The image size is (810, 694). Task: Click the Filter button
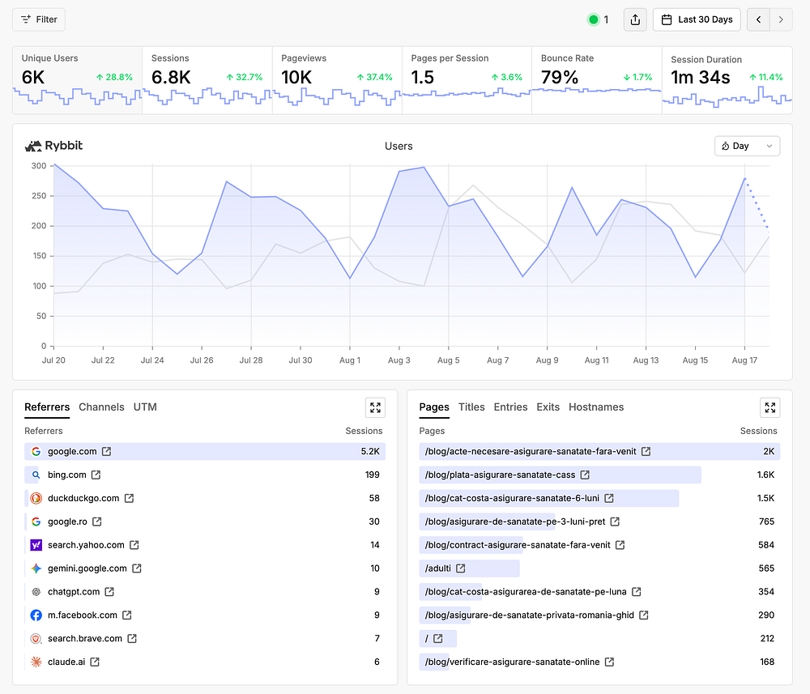39,19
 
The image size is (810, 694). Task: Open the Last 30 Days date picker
697,19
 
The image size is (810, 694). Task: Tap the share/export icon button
635,19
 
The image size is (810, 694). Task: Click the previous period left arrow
758,19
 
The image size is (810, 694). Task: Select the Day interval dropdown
747,146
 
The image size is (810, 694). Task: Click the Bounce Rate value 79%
560,78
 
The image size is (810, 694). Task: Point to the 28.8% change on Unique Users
114,77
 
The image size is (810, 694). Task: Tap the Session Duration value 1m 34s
700,78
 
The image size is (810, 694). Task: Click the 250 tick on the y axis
39,196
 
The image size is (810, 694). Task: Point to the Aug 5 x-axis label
449,360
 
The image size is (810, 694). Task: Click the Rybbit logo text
63,146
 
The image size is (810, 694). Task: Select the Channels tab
101,407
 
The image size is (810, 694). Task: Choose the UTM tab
145,407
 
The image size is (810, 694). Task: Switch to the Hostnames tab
596,407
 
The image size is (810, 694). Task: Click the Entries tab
510,407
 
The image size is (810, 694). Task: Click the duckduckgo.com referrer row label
83,498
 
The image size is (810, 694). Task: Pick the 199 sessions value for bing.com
373,475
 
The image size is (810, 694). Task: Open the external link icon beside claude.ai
95,662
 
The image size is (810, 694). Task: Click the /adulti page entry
438,568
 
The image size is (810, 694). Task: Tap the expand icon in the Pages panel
769,407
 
